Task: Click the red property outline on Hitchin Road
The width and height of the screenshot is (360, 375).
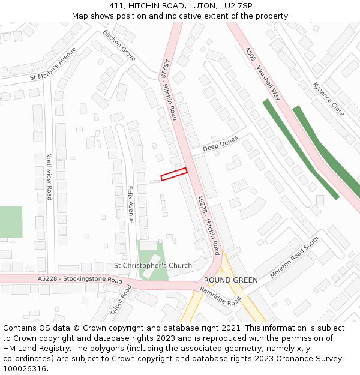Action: pyautogui.click(x=174, y=174)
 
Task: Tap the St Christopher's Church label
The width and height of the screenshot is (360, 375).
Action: pyautogui.click(x=153, y=265)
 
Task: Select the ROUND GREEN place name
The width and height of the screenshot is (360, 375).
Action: pyautogui.click(x=230, y=280)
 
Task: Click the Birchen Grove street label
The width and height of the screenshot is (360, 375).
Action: pyautogui.click(x=119, y=45)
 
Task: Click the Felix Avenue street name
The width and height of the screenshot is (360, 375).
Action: pyautogui.click(x=130, y=204)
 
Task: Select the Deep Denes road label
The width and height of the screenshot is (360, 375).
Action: pyautogui.click(x=220, y=144)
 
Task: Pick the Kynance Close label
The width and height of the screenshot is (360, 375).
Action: pyautogui.click(x=329, y=99)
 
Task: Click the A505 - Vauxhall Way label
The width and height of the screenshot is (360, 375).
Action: pyautogui.click(x=263, y=74)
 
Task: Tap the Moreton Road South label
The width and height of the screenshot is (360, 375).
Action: pyautogui.click(x=295, y=257)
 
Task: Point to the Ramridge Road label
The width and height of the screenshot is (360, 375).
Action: pyautogui.click(x=220, y=296)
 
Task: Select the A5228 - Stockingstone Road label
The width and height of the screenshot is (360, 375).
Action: pyautogui.click(x=80, y=280)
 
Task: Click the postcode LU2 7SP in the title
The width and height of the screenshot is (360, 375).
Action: pyautogui.click(x=235, y=6)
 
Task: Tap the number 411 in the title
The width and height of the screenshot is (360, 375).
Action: pyautogui.click(x=116, y=6)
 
